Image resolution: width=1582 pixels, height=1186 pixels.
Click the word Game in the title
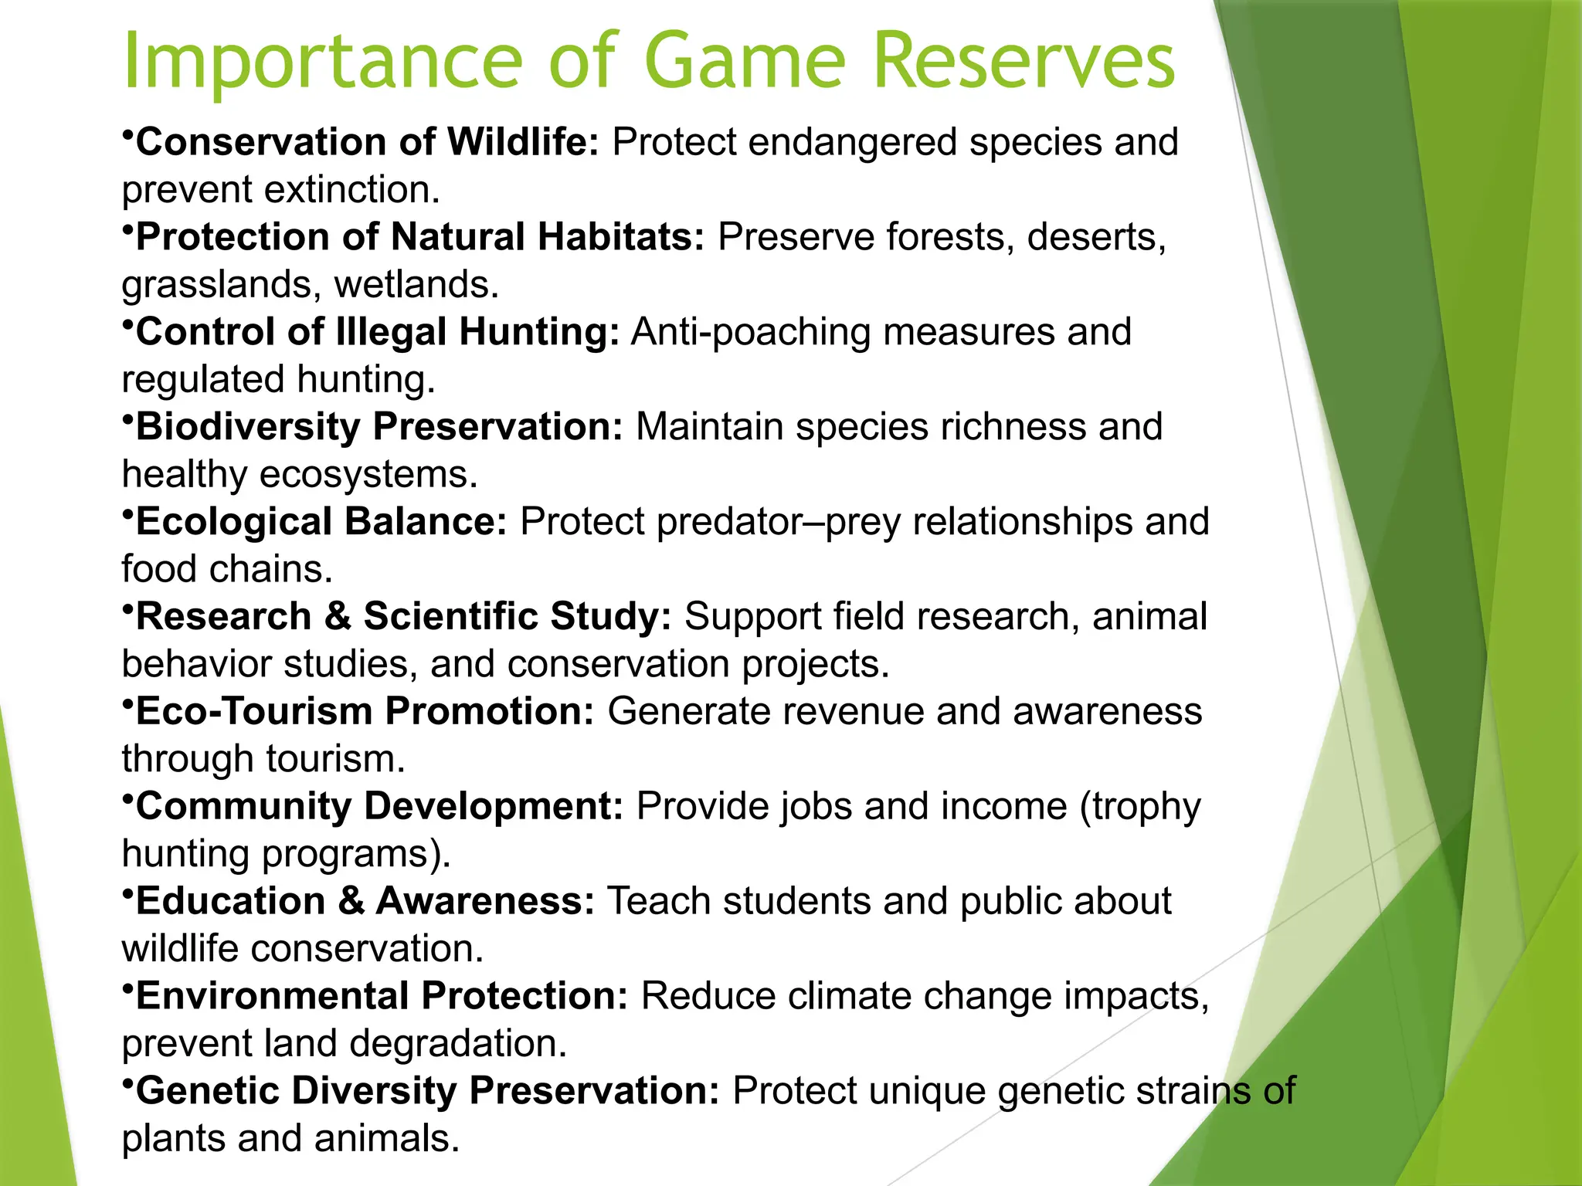pyautogui.click(x=745, y=62)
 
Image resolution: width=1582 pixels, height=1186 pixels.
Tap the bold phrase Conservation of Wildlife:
pyautogui.click(x=367, y=143)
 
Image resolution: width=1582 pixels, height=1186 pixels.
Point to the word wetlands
pyautogui.click(x=416, y=285)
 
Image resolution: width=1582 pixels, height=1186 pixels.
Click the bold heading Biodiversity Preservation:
pyautogui.click(x=379, y=427)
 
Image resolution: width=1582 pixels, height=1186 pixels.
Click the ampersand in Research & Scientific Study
pyautogui.click(x=338, y=617)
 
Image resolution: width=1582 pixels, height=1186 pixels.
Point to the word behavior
pyautogui.click(x=196, y=665)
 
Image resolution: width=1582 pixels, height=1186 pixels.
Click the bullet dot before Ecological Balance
pyautogui.click(x=128, y=513)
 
